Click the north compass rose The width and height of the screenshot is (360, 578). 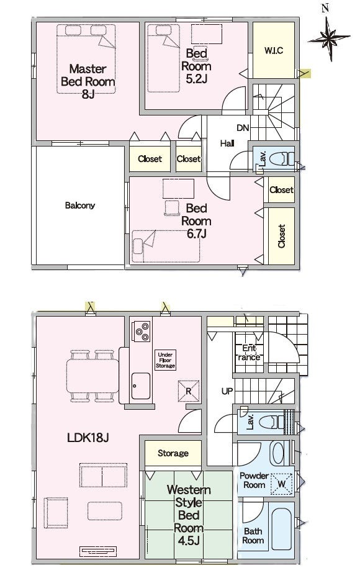[329, 37]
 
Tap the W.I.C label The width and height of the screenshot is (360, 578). [274, 50]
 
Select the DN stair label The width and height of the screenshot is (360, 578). [243, 128]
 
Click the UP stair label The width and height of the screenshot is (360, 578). [227, 391]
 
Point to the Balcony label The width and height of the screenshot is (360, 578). [80, 205]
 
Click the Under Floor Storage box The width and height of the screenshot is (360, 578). [165, 360]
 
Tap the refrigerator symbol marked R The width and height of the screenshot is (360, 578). [189, 391]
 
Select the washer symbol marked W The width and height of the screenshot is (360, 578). [282, 484]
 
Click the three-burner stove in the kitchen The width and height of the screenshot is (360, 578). [142, 331]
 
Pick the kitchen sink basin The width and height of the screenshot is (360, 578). [141, 386]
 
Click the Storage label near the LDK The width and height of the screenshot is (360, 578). [173, 453]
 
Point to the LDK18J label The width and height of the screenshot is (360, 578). [88, 438]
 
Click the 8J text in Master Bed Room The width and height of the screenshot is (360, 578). [88, 94]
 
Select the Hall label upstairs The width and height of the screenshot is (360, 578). [227, 143]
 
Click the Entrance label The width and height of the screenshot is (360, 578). [249, 353]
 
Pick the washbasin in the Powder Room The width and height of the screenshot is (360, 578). [278, 453]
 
